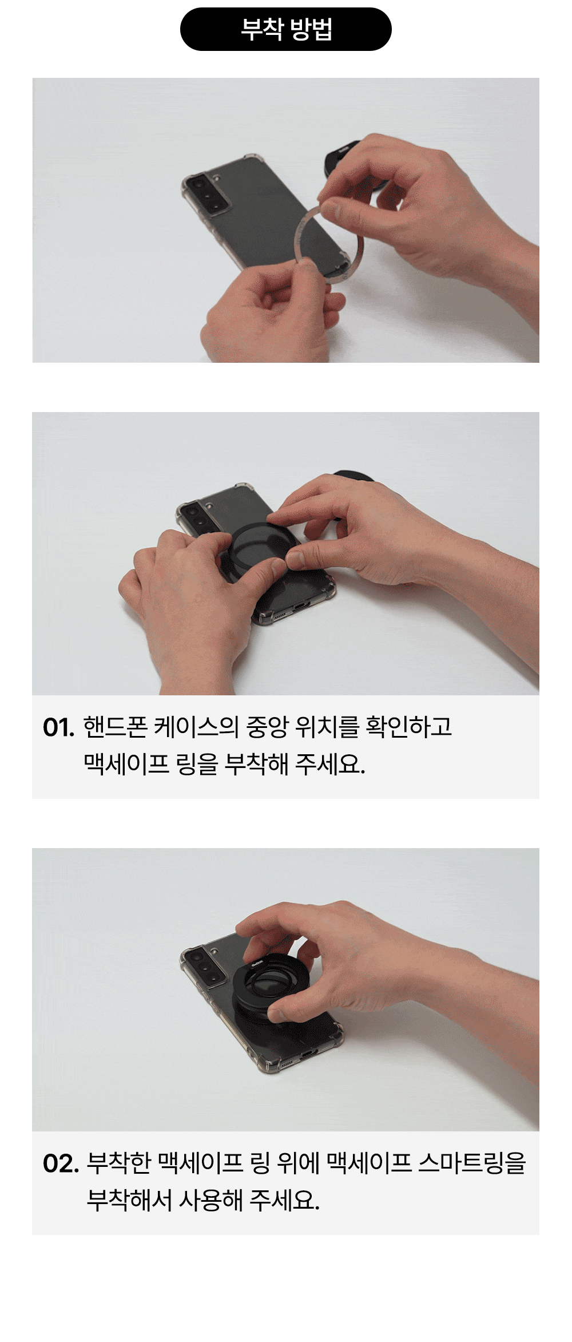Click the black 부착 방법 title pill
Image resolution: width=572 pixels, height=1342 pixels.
(x=286, y=29)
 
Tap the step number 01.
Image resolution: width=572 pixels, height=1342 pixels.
(x=58, y=728)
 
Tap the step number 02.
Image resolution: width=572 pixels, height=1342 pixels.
(x=61, y=1164)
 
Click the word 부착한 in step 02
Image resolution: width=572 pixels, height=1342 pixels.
(x=119, y=1163)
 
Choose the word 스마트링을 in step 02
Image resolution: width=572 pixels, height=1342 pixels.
(x=472, y=1163)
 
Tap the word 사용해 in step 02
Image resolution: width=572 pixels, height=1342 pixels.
(x=211, y=1200)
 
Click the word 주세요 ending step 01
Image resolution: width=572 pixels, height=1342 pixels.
(x=331, y=764)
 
